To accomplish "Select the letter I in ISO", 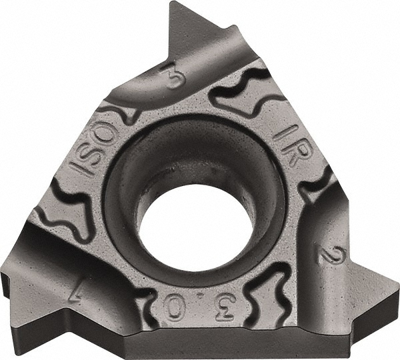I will coord(84,165).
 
